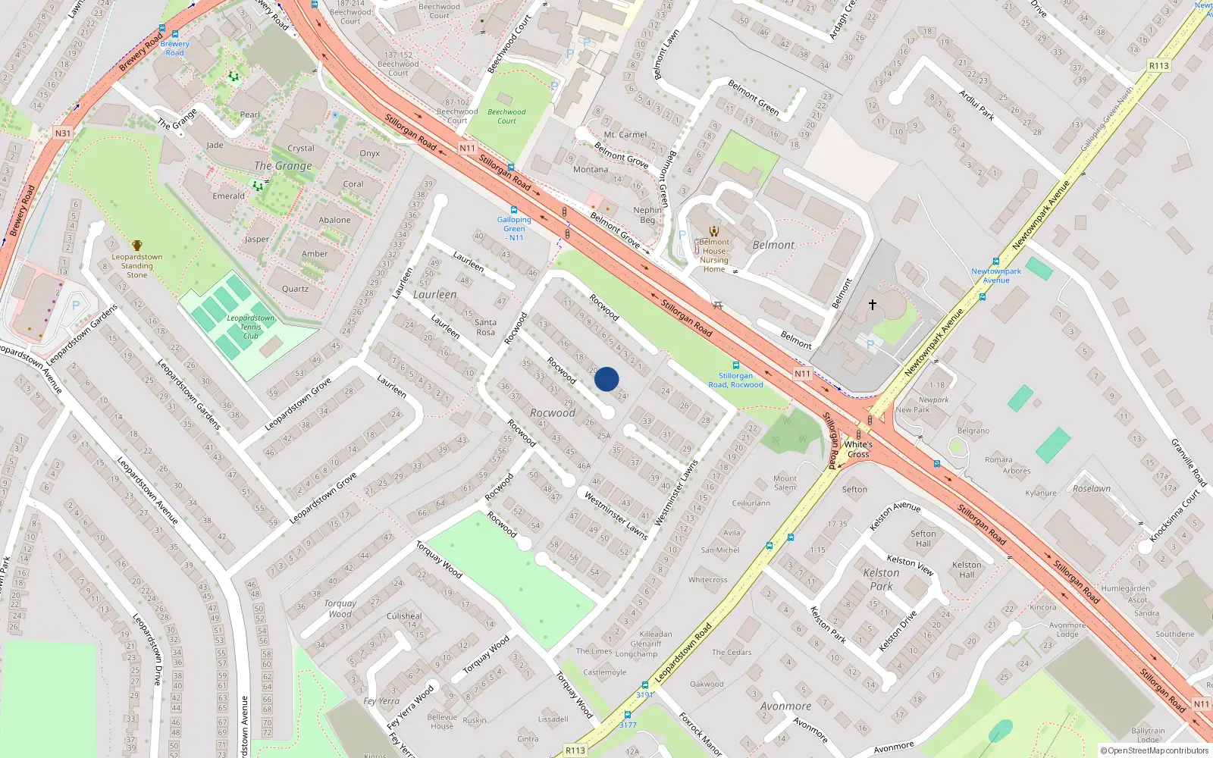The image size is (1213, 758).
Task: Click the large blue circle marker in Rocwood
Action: [606, 379]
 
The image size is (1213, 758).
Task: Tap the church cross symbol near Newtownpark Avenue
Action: [873, 305]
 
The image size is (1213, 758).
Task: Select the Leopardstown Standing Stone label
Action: [137, 265]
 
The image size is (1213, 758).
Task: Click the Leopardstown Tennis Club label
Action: [251, 327]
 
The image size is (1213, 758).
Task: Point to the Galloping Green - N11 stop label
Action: [514, 228]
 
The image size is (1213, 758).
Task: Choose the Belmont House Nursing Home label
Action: [714, 255]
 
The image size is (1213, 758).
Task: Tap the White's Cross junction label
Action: [858, 449]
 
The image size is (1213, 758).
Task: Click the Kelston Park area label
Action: [881, 579]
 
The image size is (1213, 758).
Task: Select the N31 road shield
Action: [63, 133]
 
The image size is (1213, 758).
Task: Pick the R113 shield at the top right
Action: [1158, 66]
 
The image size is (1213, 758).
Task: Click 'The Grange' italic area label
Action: [283, 165]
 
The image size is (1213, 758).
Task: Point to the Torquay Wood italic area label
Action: [340, 609]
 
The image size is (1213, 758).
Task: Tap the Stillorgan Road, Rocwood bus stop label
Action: [735, 380]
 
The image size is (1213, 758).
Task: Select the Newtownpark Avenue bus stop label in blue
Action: [996, 275]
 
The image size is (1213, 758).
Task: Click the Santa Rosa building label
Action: [485, 327]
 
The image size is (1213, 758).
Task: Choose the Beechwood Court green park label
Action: [506, 116]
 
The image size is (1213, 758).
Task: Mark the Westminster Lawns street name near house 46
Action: [616, 515]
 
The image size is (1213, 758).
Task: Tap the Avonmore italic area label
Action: [785, 706]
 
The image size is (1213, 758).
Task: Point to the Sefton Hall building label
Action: [923, 538]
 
